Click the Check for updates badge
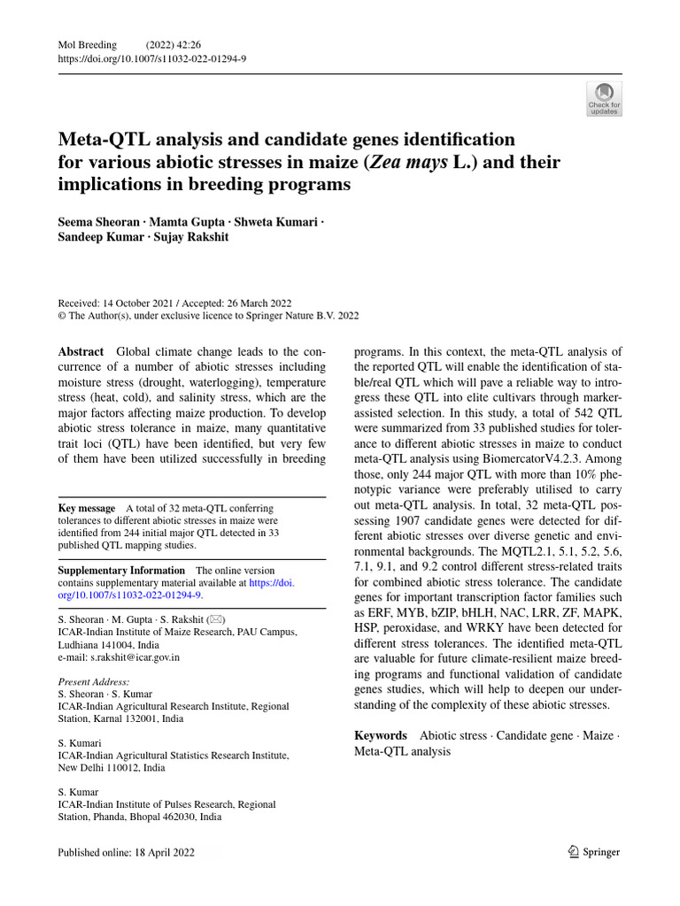click(605, 99)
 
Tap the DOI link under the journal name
click(151, 58)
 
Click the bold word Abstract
click(81, 351)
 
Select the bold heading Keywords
click(381, 735)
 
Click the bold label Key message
click(87, 508)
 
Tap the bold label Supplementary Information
click(121, 571)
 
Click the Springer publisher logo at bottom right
click(593, 852)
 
